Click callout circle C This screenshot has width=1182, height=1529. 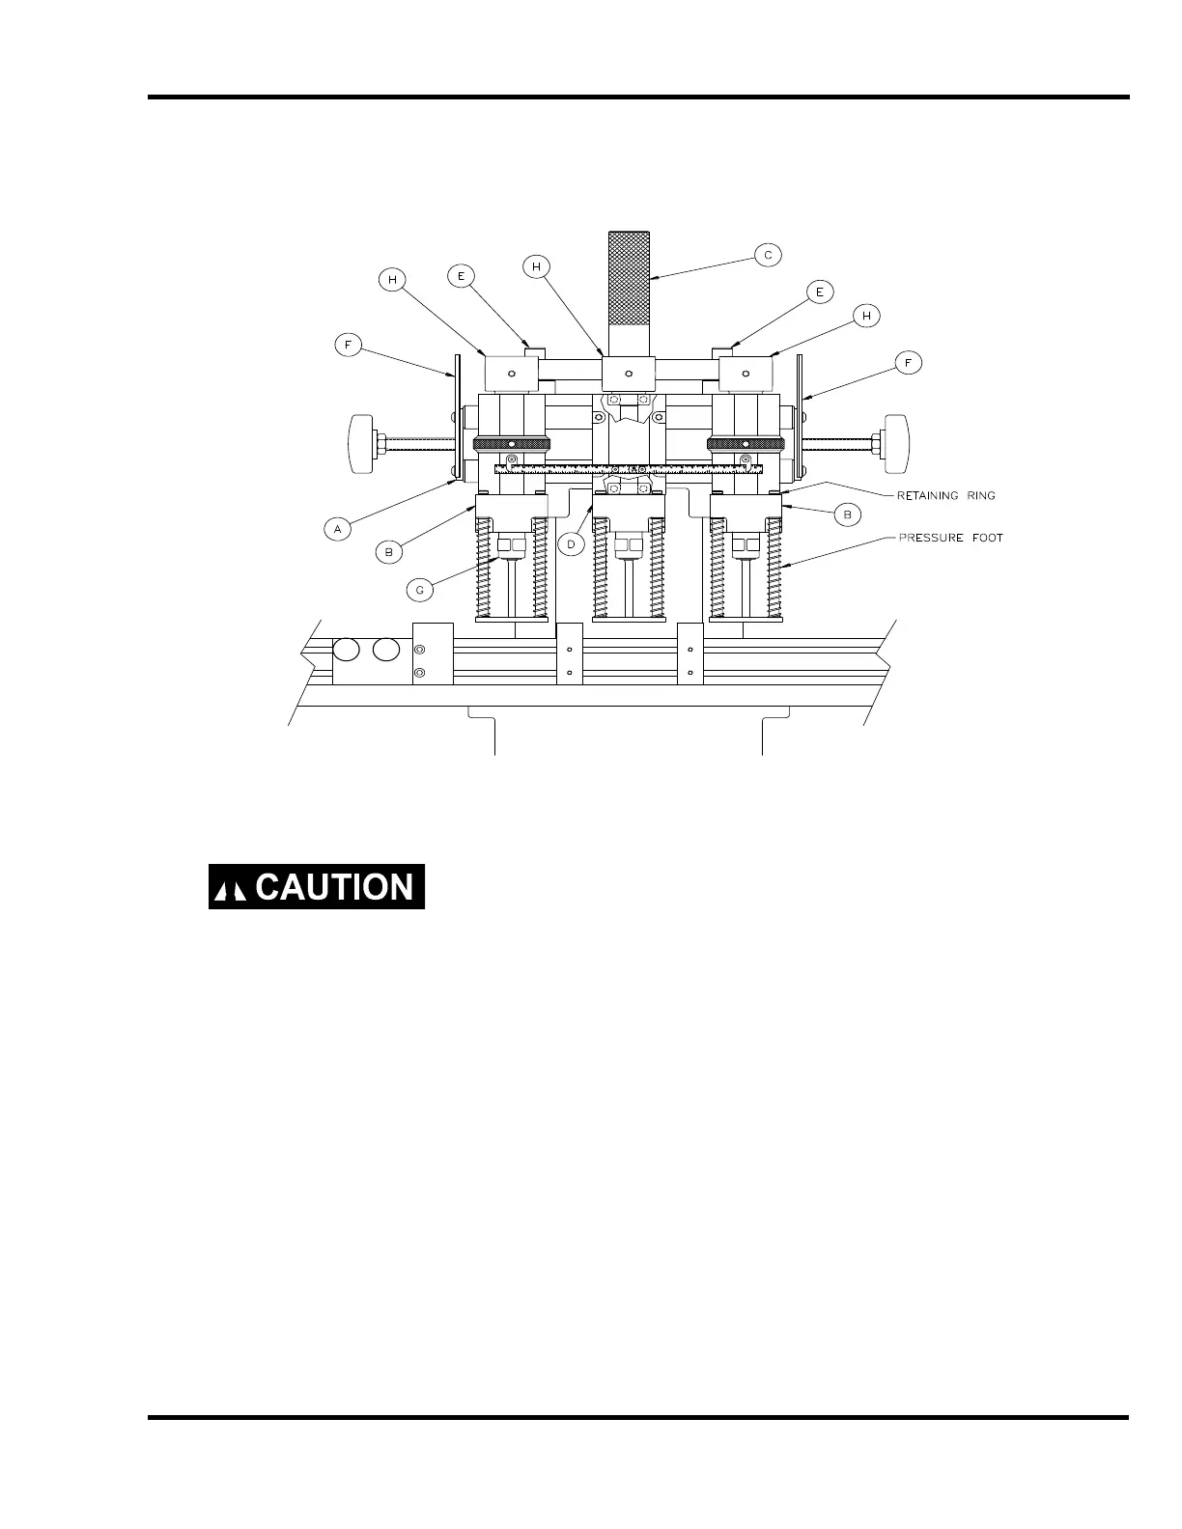pyautogui.click(x=768, y=255)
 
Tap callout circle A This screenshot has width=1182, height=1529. pyautogui.click(x=338, y=529)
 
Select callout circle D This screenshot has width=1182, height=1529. pyautogui.click(x=571, y=544)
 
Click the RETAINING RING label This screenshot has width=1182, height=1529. pyautogui.click(x=941, y=495)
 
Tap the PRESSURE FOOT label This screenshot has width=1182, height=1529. pyautogui.click(x=950, y=538)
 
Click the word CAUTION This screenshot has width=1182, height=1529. pyautogui.click(x=334, y=887)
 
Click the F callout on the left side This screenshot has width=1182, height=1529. pyautogui.click(x=349, y=343)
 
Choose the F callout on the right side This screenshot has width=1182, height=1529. pyautogui.click(x=908, y=363)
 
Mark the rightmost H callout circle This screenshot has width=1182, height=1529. pyautogui.click(x=866, y=316)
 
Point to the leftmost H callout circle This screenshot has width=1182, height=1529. pyautogui.click(x=392, y=279)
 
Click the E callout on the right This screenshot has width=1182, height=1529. pyautogui.click(x=819, y=292)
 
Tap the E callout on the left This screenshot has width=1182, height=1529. pyautogui.click(x=462, y=276)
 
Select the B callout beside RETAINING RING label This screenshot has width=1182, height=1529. pyautogui.click(x=847, y=515)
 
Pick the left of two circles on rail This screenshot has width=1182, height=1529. pyautogui.click(x=347, y=650)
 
